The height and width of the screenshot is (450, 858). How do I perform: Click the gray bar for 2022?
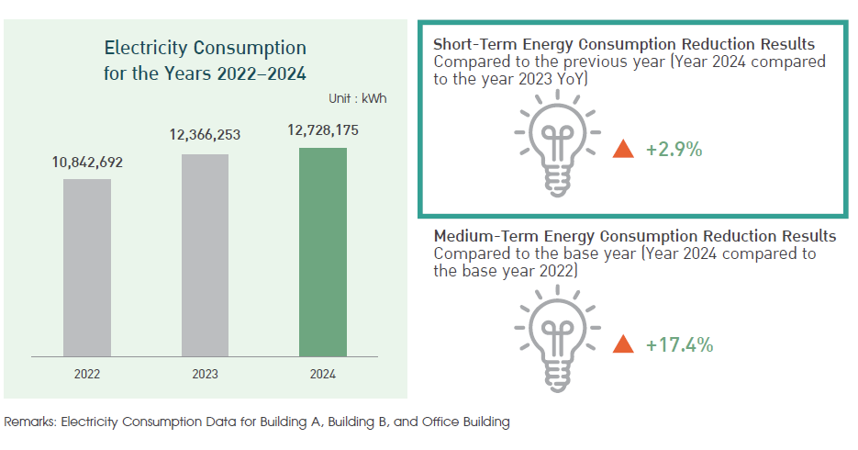pyautogui.click(x=87, y=267)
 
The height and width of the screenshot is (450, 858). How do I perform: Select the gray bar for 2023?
pyautogui.click(x=206, y=255)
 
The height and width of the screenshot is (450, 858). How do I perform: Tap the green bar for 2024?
pyautogui.click(x=323, y=253)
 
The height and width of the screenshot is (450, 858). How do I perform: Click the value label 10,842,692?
pyautogui.click(x=87, y=163)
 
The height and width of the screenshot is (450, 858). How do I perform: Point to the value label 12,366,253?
pyautogui.click(x=205, y=135)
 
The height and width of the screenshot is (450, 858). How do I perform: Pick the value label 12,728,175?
pyautogui.click(x=323, y=130)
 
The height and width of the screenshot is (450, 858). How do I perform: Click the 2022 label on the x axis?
pyautogui.click(x=87, y=374)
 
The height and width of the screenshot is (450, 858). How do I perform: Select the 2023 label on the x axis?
pyautogui.click(x=206, y=374)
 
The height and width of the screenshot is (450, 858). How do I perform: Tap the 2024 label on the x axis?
pyautogui.click(x=323, y=374)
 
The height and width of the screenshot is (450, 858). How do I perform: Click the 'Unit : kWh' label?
pyautogui.click(x=357, y=98)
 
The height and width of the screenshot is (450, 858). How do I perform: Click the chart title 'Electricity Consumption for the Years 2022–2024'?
pyautogui.click(x=206, y=61)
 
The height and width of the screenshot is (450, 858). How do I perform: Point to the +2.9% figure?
pyautogui.click(x=674, y=150)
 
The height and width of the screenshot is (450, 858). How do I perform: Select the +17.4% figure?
pyautogui.click(x=679, y=345)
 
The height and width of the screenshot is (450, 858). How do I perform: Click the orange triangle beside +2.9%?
pyautogui.click(x=623, y=150)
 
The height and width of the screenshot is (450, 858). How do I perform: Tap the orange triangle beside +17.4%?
pyautogui.click(x=623, y=344)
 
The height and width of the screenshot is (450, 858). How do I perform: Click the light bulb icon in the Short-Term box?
pyautogui.click(x=558, y=143)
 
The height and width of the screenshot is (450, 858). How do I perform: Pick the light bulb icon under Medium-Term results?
pyautogui.click(x=558, y=338)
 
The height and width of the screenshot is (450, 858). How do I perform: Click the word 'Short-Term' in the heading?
pyautogui.click(x=475, y=44)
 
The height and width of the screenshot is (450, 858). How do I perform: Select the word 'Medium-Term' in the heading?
pyautogui.click(x=486, y=237)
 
